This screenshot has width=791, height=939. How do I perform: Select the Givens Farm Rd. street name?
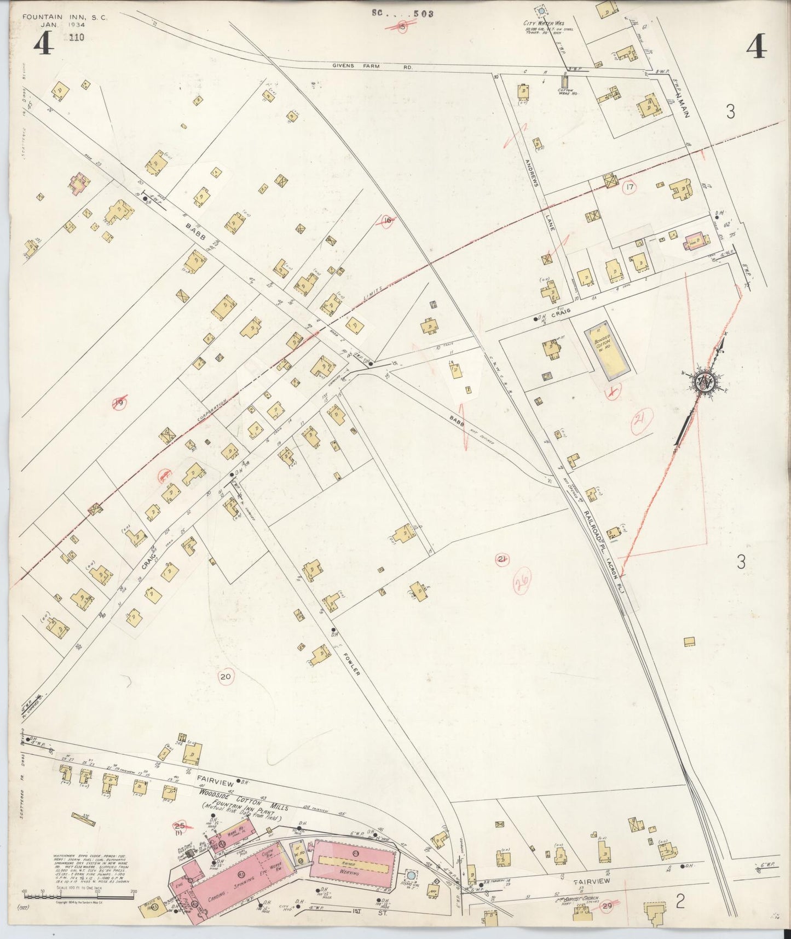click(x=372, y=66)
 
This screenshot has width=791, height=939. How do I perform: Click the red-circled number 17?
click(x=630, y=187)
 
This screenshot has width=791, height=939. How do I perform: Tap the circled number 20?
click(x=225, y=677)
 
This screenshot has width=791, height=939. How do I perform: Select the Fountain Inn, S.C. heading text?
click(x=65, y=18)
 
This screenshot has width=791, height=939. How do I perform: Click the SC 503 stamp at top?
click(x=402, y=13)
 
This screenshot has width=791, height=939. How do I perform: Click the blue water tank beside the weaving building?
click(x=411, y=876)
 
